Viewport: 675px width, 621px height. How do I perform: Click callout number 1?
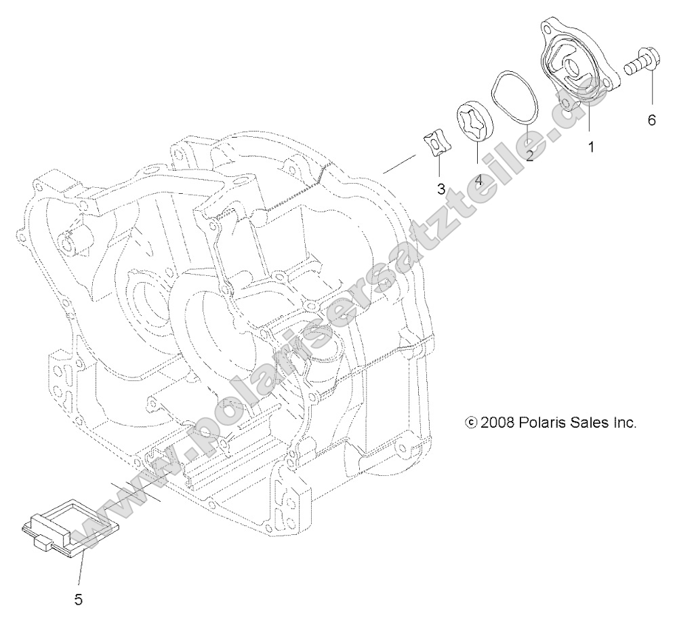tap(591, 146)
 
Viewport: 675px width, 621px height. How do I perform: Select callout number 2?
tap(529, 155)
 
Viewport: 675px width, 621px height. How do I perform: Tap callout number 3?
tap(441, 189)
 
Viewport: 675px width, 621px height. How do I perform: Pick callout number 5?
tap(79, 599)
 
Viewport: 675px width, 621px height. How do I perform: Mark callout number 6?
tap(652, 120)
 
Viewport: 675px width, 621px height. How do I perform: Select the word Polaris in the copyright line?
tap(544, 422)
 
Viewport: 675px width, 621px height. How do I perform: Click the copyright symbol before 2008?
tap(471, 422)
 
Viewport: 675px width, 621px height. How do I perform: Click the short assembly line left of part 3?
tap(401, 164)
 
